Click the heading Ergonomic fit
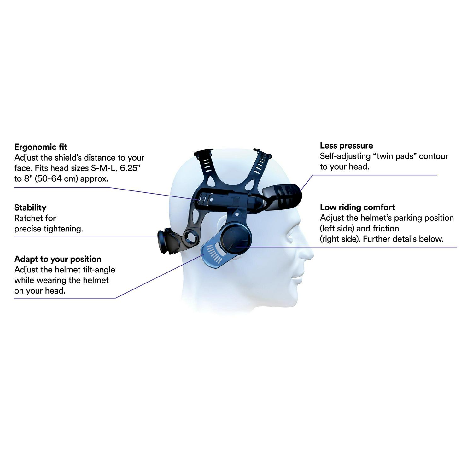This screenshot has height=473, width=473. (41, 147)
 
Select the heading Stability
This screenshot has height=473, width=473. (30, 207)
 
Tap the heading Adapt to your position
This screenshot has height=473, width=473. (58, 259)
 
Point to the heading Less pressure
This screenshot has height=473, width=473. (346, 146)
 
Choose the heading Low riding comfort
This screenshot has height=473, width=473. (357, 207)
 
